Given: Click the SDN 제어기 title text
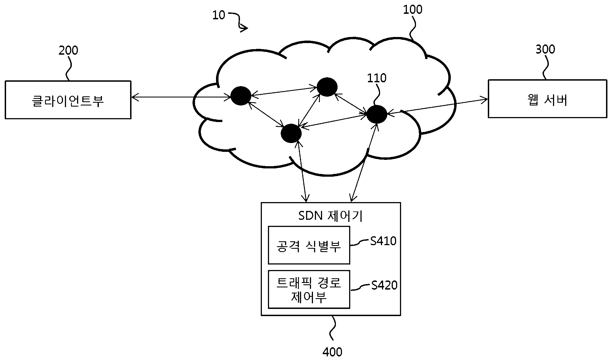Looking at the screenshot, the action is click(x=330, y=216).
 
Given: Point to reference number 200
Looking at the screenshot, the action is click(x=68, y=51).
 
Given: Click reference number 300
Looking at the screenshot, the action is click(x=545, y=49).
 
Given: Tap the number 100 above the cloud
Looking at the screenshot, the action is click(x=413, y=10).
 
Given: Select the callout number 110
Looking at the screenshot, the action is click(x=376, y=78).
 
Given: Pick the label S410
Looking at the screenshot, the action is click(x=383, y=241).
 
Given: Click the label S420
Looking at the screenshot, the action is click(x=384, y=285).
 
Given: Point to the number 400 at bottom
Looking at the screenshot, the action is click(x=332, y=352).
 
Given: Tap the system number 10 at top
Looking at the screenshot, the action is click(x=218, y=15).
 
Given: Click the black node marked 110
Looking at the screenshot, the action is click(x=376, y=114).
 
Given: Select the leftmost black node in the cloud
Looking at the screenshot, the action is click(x=241, y=96).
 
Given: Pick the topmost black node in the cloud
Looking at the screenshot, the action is click(x=327, y=87).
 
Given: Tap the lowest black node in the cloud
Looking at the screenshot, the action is click(x=291, y=134).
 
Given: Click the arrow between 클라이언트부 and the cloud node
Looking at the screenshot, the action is click(x=181, y=97).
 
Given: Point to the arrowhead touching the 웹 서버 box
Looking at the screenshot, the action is click(x=484, y=100).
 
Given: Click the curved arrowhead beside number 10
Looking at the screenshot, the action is click(x=244, y=28).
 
